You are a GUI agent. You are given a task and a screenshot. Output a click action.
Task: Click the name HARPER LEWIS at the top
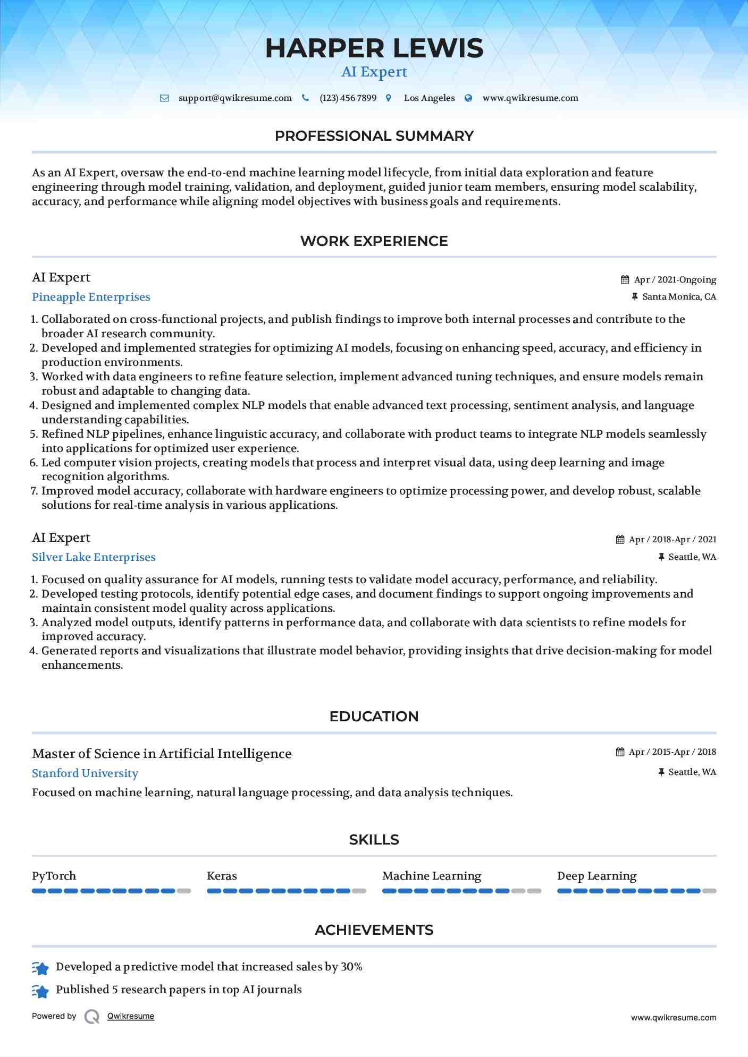[x=374, y=48]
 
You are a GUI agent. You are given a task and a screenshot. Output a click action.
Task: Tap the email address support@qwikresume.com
[x=235, y=98]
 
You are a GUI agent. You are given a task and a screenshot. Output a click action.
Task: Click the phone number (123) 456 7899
[x=348, y=98]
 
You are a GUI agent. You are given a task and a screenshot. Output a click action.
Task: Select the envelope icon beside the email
[x=165, y=98]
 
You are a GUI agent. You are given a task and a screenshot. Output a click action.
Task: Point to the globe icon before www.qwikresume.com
[x=468, y=98]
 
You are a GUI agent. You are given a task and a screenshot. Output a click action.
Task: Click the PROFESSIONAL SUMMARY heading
[x=374, y=136]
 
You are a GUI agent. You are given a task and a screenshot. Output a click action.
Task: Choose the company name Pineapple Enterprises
[x=91, y=297]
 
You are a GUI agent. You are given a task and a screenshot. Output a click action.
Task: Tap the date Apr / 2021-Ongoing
[x=675, y=280]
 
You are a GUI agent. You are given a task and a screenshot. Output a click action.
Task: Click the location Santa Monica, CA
[x=679, y=297]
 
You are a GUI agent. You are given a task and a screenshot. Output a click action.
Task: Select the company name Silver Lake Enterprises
[x=94, y=557]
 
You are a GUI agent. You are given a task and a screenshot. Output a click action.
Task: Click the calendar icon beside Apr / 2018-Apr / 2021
[x=620, y=540]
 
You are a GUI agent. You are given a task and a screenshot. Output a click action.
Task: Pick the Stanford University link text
[x=85, y=773]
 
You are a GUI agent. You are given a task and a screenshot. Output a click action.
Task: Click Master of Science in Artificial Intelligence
[x=162, y=754]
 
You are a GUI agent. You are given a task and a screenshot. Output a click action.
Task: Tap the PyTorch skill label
[x=54, y=876]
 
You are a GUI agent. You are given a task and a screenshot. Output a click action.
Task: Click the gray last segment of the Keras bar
[x=359, y=891]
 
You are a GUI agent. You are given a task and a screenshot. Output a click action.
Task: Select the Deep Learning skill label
[x=596, y=876]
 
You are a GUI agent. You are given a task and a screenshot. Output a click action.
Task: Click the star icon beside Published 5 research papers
[x=40, y=991]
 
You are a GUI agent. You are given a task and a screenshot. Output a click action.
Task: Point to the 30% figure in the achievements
[x=351, y=967]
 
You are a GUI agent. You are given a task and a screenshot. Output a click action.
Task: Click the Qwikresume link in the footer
[x=131, y=1016]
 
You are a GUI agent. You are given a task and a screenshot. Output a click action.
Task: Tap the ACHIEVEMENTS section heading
[x=374, y=930]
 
